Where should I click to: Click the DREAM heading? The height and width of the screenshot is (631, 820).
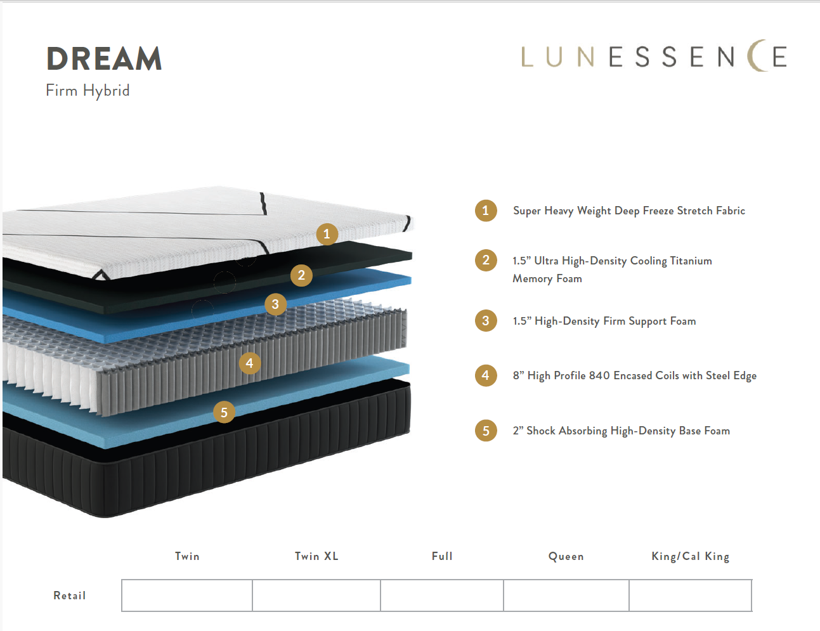point(104,58)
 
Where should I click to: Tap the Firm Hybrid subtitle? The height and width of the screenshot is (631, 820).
point(88,91)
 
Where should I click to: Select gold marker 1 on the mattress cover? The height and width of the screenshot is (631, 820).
point(327,234)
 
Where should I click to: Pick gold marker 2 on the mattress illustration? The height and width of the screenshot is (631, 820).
point(301,275)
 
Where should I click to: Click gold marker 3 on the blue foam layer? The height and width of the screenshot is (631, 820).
point(275,304)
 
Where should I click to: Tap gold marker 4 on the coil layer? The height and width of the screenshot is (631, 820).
point(249,363)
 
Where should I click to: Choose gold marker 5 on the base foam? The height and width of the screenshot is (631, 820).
point(224,412)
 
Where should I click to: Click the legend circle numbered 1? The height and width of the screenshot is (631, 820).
point(486,211)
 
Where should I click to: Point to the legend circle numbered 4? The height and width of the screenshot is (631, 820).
point(486,375)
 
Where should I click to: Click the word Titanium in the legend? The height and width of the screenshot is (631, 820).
point(691,261)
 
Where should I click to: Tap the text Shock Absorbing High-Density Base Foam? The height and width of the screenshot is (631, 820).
point(628,431)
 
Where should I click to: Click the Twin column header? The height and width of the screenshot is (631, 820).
point(187,556)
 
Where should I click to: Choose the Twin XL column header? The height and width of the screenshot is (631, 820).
point(316,556)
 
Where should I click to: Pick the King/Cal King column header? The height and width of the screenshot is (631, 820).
point(691,557)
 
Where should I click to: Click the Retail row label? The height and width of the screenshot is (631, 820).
point(70,595)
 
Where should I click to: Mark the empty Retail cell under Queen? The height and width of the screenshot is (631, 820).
point(566,595)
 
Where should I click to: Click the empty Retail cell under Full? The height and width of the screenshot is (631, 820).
point(442,595)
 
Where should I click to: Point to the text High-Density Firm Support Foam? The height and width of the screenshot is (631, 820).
point(615,322)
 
